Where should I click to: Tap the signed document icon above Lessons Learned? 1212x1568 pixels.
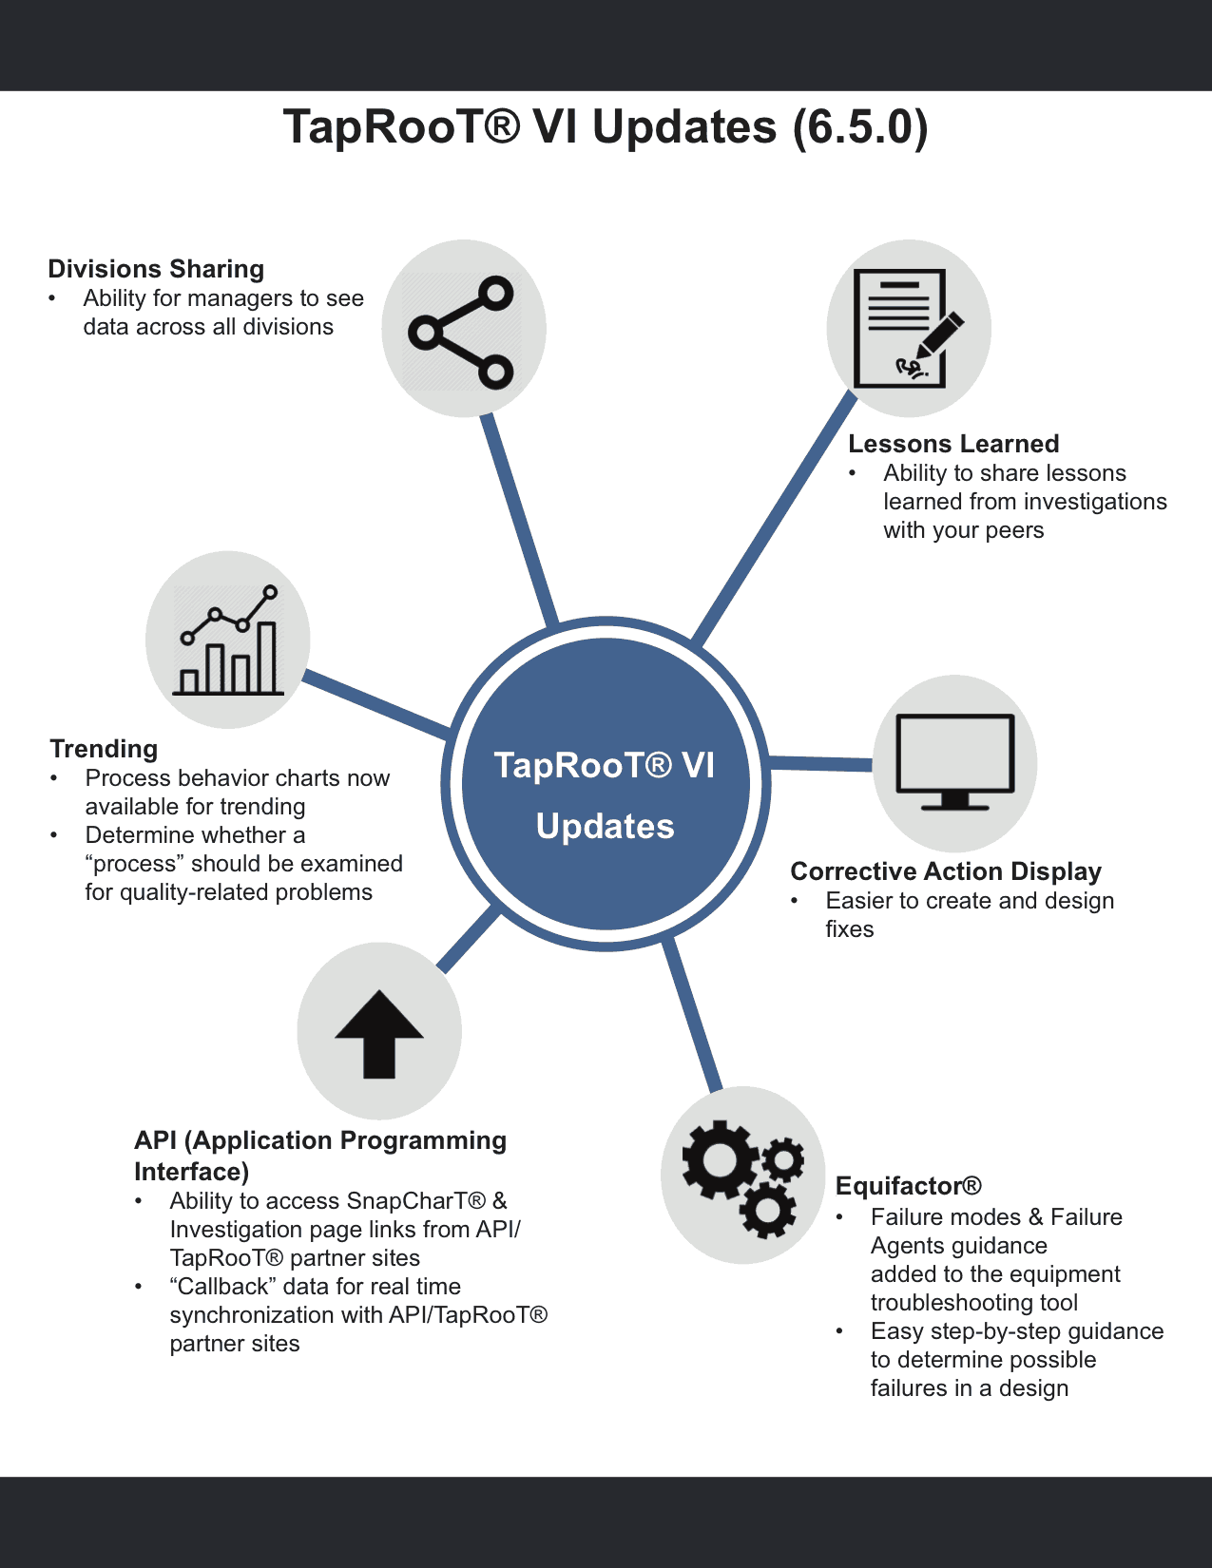point(908,329)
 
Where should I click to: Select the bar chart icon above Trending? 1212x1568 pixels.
point(229,641)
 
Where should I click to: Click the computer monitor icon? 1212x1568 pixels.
point(955,762)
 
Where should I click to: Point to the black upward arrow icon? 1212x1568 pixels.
point(379,1034)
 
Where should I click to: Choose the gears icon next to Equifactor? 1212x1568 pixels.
point(742,1176)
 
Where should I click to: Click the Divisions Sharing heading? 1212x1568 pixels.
point(156,269)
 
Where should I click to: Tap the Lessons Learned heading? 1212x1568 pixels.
point(953,444)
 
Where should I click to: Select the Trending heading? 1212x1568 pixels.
point(104,749)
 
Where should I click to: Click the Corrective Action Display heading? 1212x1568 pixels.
point(946,871)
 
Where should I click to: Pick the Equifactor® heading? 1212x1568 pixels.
point(908,1186)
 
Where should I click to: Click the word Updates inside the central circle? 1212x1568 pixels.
point(605,827)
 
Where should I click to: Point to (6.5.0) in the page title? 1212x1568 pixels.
point(860,127)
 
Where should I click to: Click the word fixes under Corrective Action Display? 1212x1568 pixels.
point(849,929)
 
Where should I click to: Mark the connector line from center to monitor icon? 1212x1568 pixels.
point(820,763)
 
